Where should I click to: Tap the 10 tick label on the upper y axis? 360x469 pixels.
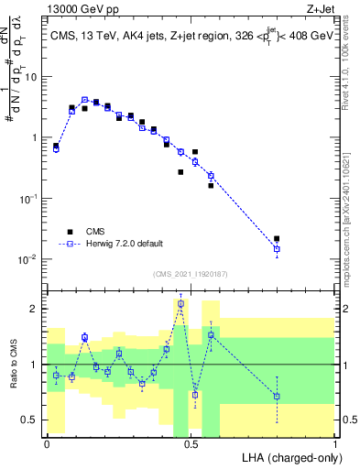pos(32,76)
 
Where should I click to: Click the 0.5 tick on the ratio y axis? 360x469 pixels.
pos(33,420)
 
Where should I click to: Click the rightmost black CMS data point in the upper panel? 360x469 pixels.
pos(277,238)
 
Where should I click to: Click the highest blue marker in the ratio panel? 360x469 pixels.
pos(180,303)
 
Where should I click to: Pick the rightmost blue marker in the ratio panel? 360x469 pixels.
pos(277,397)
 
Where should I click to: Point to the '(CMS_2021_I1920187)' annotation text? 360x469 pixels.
pos(191,273)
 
